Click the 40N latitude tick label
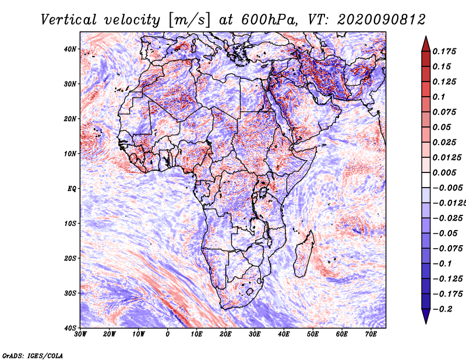pyautogui.click(x=70, y=49)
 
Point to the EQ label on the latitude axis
pyautogui.click(x=72, y=189)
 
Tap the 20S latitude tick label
pyautogui.click(x=70, y=258)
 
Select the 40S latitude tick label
pyautogui.click(x=70, y=328)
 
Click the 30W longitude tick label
pyautogui.click(x=80, y=334)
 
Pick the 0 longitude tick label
pyautogui.click(x=168, y=334)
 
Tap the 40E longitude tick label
pyautogui.click(x=284, y=334)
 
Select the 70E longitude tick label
pyautogui.click(x=371, y=334)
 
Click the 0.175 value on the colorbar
pyautogui.click(x=444, y=52)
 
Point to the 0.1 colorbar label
pyautogui.click(x=439, y=97)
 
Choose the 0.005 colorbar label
pyautogui.click(x=444, y=172)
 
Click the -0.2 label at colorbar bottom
pyautogui.click(x=442, y=309)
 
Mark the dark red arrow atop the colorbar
pyautogui.click(x=426, y=44)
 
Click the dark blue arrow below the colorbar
pyautogui.click(x=426, y=316)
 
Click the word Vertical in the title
pyautogui.click(x=69, y=20)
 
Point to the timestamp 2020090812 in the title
pyautogui.click(x=382, y=20)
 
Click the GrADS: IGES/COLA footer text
pyautogui.click(x=33, y=356)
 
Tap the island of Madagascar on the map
pyautogui.click(x=303, y=255)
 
